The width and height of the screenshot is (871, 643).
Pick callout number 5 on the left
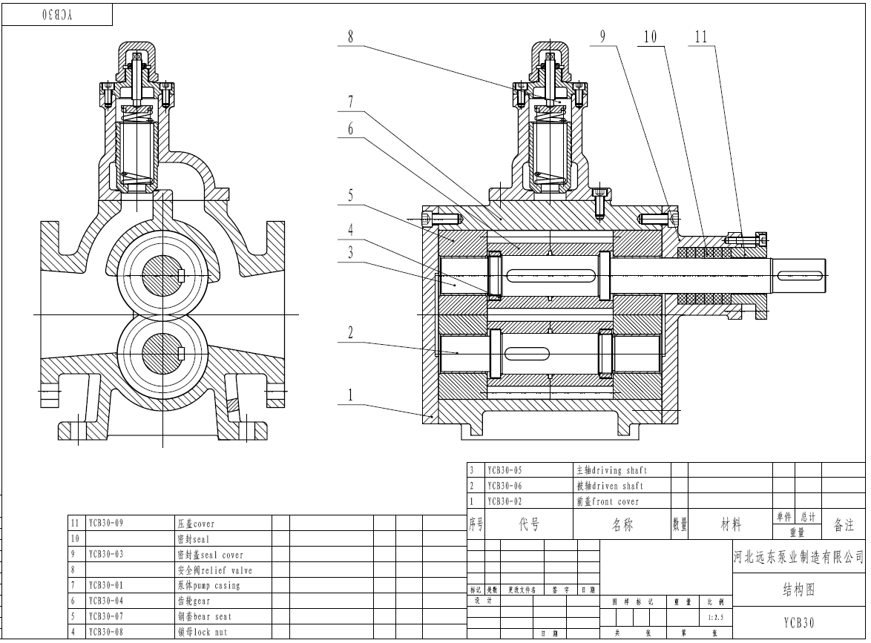351,197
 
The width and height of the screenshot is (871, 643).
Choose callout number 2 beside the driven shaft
351,333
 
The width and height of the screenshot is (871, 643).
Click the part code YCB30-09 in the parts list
105,523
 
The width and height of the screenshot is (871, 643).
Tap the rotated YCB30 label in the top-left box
57,15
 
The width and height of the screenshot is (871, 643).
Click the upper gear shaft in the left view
162,276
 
